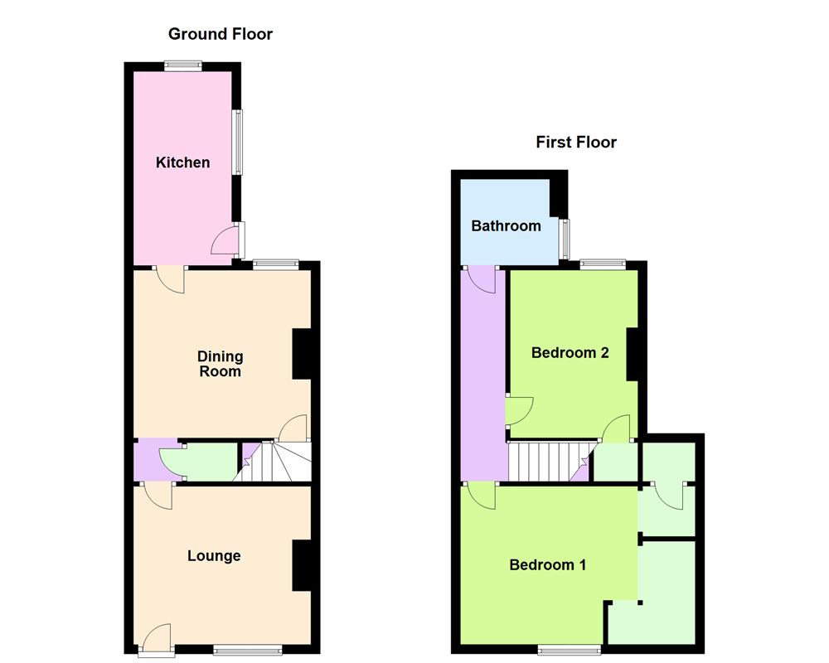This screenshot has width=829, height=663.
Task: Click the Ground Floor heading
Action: click(x=220, y=34)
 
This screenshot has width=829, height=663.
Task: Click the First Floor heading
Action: click(x=575, y=142)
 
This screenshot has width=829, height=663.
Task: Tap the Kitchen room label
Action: click(x=182, y=162)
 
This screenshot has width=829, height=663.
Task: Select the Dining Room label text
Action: click(x=220, y=364)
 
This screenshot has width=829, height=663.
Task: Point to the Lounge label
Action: click(x=214, y=556)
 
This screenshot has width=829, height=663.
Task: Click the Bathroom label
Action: click(x=506, y=225)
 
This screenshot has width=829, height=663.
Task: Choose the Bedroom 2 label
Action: click(x=570, y=353)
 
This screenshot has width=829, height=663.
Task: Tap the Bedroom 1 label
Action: click(x=547, y=565)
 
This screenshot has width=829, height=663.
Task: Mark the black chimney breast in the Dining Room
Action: click(x=302, y=354)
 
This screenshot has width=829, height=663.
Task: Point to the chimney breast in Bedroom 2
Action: click(x=632, y=354)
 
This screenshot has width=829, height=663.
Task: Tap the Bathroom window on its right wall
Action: click(x=565, y=238)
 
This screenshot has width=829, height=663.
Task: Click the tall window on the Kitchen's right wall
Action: click(x=237, y=142)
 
